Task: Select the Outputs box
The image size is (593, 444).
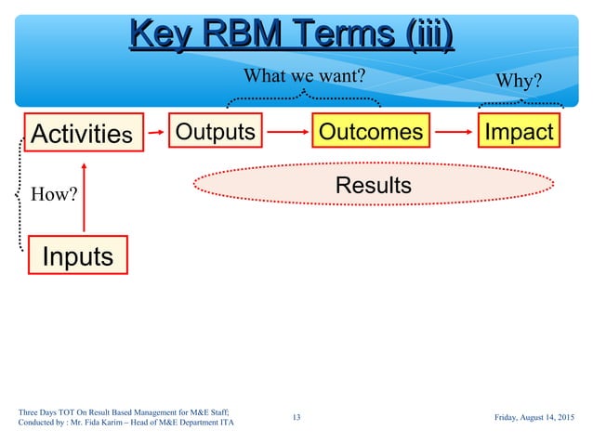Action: click(x=215, y=132)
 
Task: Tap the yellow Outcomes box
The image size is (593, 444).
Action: click(x=370, y=132)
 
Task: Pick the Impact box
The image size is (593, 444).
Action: click(x=519, y=132)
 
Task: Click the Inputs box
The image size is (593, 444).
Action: click(x=78, y=255)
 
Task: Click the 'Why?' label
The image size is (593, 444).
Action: click(x=520, y=81)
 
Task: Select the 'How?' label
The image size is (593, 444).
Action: click(x=53, y=194)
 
